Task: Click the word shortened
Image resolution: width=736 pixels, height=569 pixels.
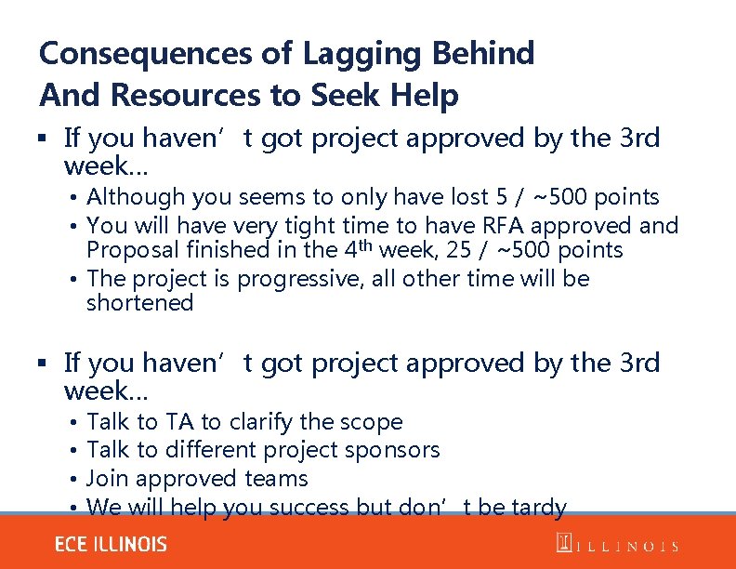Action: pyautogui.click(x=139, y=303)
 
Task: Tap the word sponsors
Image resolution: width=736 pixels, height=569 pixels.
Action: pyautogui.click(x=393, y=450)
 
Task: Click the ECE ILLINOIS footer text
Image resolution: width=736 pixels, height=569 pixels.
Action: pyautogui.click(x=111, y=545)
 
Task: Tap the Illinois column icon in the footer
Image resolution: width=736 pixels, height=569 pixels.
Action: pyautogui.click(x=562, y=545)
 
